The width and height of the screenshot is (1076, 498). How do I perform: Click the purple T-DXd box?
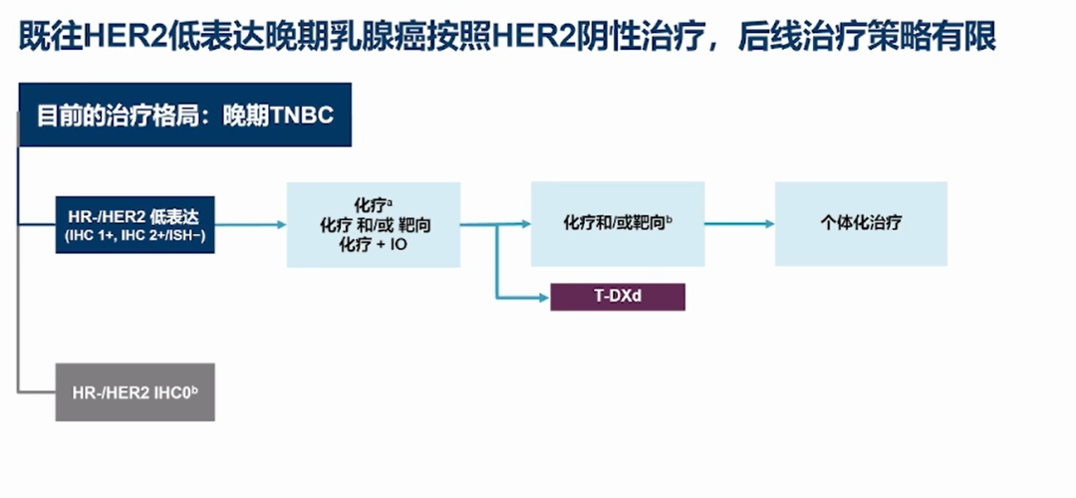618,296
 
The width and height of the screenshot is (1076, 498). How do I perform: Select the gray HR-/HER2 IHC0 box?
135,391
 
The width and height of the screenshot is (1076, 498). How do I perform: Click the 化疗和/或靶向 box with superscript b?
618,223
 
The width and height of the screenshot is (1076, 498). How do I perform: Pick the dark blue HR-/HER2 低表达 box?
135,224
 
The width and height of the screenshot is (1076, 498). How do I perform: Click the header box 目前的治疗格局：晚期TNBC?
185,115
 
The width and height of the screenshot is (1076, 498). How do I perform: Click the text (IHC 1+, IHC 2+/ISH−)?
135,235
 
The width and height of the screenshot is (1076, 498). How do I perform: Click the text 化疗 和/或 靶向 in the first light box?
374,226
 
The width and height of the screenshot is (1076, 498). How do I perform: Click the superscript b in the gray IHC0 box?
194,387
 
